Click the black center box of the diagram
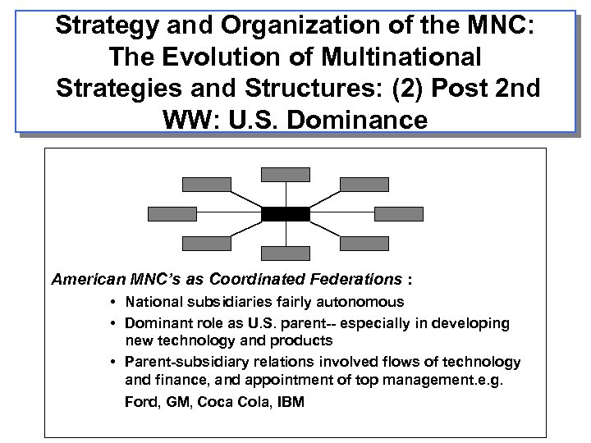pos(286,214)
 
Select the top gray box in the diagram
pos(286,173)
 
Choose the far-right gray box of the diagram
pos(399,214)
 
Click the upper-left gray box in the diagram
pos(206,184)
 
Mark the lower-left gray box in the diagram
pos(206,243)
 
